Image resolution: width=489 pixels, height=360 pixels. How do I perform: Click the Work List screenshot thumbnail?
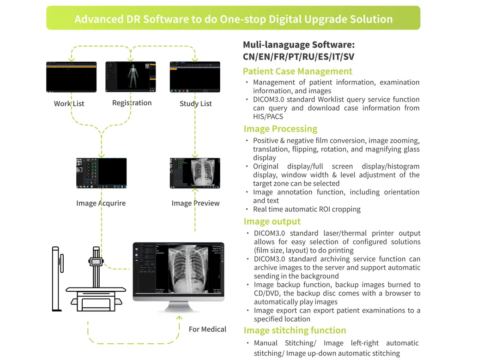(x=71, y=77)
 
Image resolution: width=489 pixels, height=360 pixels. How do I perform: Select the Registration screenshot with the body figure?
(x=131, y=77)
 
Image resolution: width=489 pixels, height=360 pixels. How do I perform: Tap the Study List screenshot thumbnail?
(x=195, y=77)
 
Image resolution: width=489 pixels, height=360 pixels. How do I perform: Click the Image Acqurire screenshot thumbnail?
(x=101, y=173)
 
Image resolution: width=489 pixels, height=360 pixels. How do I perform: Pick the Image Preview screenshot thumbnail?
(x=195, y=173)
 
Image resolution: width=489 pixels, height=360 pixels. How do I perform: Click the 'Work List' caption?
(x=69, y=103)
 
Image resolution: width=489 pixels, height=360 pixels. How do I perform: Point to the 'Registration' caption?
(x=132, y=103)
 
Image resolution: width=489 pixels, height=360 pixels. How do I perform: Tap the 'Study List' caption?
(x=195, y=103)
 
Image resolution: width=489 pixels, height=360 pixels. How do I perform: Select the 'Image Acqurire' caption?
(x=101, y=203)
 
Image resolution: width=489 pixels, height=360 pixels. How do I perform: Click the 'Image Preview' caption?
(x=195, y=203)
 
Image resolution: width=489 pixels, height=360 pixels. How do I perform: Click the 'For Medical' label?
(x=207, y=329)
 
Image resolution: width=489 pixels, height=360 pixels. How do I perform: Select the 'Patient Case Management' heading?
(x=297, y=71)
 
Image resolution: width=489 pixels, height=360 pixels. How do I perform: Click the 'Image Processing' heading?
(x=280, y=129)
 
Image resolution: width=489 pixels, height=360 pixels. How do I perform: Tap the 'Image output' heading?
(x=272, y=222)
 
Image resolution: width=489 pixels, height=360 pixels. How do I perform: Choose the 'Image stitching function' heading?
(x=295, y=330)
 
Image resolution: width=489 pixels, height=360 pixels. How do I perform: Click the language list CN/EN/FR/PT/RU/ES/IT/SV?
(x=299, y=57)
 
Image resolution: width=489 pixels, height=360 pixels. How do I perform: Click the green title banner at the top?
(x=233, y=18)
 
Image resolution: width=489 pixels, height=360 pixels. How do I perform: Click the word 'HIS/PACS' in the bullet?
(x=268, y=116)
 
